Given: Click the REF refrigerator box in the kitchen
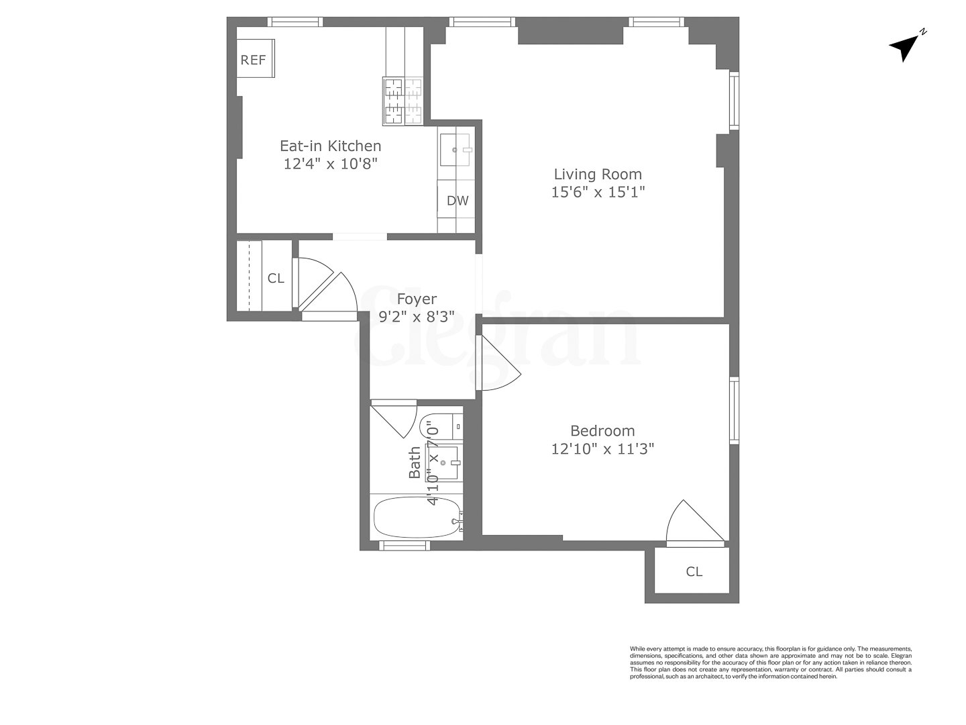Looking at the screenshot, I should [254, 60].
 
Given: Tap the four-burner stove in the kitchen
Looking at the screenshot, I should [403, 101].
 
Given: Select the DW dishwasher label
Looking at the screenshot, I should [458, 201].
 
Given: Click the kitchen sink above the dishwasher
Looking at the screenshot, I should [456, 150].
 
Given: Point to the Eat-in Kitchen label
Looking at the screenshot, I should [330, 146].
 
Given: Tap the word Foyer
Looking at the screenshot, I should [417, 299].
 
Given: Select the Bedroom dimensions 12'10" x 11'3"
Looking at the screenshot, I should [602, 449].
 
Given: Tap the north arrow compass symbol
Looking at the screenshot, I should [906, 46].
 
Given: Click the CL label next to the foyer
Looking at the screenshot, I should [276, 279].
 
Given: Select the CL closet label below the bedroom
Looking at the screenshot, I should [694, 572].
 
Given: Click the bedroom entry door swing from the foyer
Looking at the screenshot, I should [496, 366].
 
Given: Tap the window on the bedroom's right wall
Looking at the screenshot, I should [734, 411].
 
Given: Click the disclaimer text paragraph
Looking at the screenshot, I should [770, 663].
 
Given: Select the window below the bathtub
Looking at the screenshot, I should [404, 545].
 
